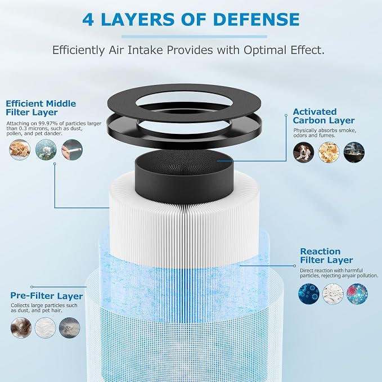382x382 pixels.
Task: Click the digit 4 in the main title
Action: (88, 19)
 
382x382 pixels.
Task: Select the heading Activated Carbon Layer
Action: (323, 116)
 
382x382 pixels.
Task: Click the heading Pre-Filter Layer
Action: (47, 296)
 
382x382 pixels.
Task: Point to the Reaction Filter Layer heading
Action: (326, 255)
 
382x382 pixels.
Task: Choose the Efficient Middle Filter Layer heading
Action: (41, 107)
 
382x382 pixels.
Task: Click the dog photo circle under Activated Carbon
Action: (303, 152)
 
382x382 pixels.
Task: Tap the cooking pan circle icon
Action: (354, 152)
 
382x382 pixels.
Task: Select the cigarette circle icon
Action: (72, 150)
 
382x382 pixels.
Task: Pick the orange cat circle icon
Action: (20, 150)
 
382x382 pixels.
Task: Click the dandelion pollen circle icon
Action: (46, 150)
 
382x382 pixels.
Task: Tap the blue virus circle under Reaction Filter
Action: (309, 294)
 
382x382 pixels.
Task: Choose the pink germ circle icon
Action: (357, 294)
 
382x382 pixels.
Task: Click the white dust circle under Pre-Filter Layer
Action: (46, 327)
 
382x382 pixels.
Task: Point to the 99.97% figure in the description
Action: (47, 123)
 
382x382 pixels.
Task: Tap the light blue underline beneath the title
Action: (194, 37)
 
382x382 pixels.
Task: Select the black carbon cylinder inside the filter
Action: (184, 177)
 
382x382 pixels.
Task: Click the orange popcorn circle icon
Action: (329, 152)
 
